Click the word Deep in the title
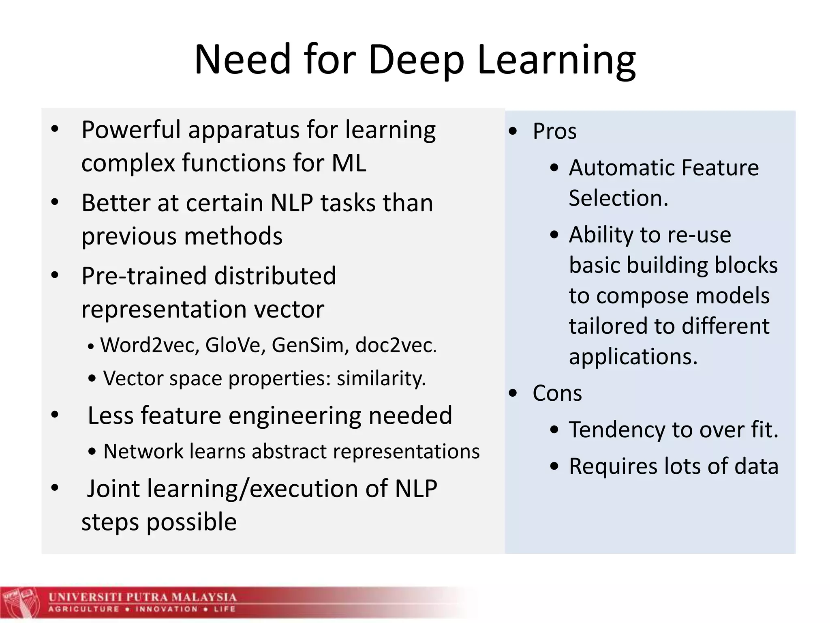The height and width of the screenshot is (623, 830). tap(416, 60)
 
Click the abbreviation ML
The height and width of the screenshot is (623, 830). tap(349, 163)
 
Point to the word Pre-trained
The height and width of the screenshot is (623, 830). tap(143, 276)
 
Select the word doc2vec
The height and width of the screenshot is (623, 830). tap(396, 345)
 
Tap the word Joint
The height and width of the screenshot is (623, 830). tap(113, 488)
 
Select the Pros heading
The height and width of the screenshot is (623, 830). tap(554, 131)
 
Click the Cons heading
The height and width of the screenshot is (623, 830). tap(557, 393)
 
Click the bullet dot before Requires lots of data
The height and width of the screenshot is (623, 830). tap(554, 466)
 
